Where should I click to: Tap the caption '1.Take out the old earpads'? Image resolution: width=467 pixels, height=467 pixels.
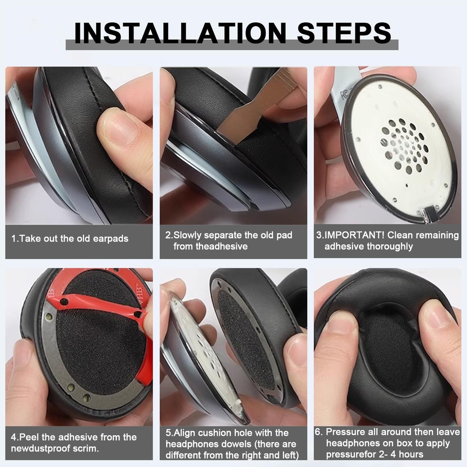[x=70, y=239]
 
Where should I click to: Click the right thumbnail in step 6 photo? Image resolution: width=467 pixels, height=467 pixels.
[x=434, y=322]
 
